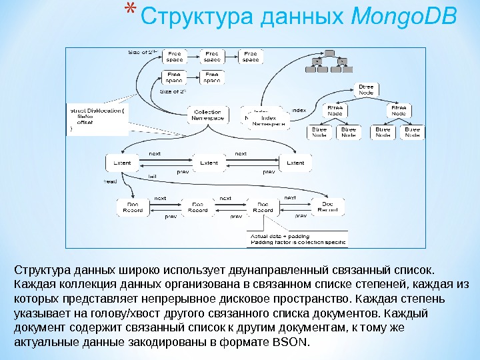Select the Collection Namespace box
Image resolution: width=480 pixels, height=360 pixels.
pos(207,114)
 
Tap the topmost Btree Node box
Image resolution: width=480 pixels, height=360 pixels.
pos(366,90)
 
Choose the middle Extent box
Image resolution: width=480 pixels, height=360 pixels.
pos(209,163)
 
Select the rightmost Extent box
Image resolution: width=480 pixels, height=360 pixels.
pos(295,163)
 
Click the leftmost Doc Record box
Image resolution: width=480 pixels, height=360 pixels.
pos(133,207)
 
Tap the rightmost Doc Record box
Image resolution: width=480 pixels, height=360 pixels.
pos(327,207)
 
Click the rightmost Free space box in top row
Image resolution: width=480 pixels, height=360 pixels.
pos(251,57)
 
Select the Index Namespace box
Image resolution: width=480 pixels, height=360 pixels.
pos(265,118)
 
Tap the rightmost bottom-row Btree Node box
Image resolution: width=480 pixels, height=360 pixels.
pos(413,132)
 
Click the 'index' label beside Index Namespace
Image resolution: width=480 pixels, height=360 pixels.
pos(299,110)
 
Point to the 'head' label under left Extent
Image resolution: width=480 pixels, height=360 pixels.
pos(110,181)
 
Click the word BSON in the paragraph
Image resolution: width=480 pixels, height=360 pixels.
pos(291,343)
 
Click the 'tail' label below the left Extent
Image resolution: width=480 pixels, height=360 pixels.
pos(152,176)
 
